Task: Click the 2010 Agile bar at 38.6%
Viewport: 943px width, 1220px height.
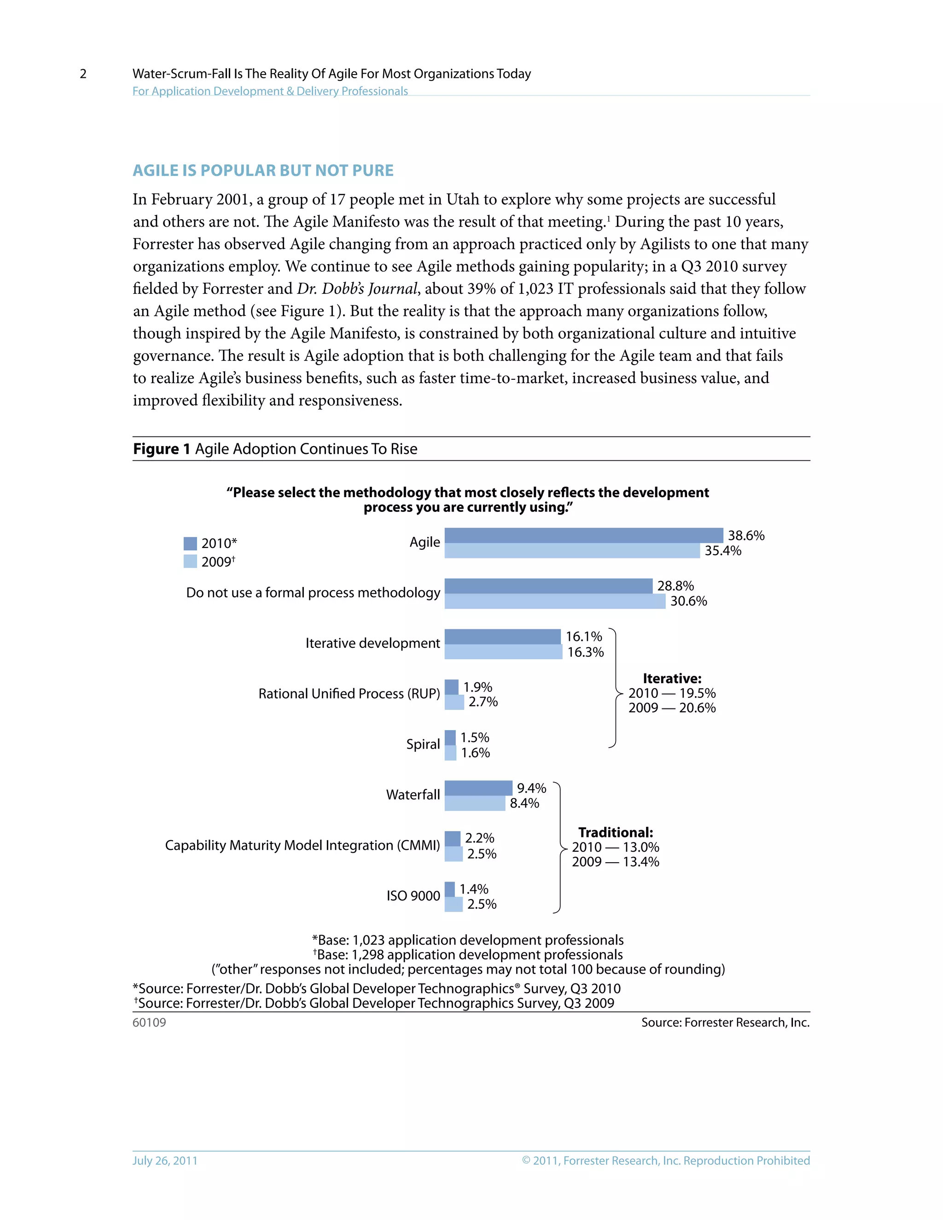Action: (583, 535)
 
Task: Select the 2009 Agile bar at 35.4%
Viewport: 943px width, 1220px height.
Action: (572, 551)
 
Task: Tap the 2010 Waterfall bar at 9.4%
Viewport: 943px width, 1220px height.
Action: (478, 788)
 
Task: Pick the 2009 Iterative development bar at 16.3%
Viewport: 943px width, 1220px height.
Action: (503, 652)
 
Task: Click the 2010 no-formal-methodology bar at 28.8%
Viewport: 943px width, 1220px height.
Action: (548, 586)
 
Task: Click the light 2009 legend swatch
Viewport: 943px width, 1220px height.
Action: (190, 561)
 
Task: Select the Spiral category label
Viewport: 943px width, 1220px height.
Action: (423, 744)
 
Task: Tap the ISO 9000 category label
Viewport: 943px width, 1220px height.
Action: (413, 896)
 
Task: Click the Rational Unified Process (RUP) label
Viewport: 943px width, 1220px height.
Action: (349, 694)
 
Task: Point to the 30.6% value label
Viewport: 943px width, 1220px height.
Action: (688, 601)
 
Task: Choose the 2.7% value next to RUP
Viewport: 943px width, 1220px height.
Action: (483, 702)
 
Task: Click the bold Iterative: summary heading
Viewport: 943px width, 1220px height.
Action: (672, 678)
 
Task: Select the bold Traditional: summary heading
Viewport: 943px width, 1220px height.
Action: (615, 832)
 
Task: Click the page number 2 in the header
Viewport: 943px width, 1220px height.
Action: (83, 74)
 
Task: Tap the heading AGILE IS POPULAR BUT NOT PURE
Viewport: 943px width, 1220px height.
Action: (263, 170)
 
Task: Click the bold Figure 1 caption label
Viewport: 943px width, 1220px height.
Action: (162, 449)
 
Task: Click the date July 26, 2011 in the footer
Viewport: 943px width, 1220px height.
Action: (165, 1160)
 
